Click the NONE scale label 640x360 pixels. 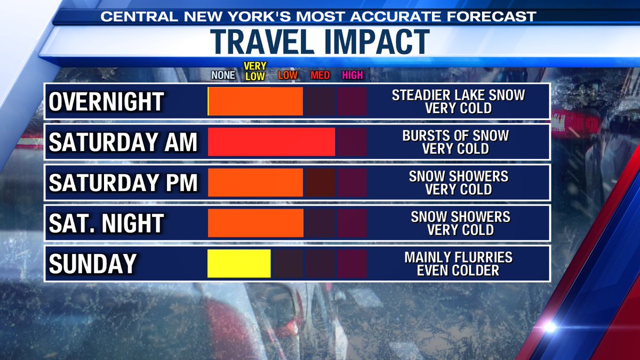coord(223,75)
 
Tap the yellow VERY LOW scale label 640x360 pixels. coord(255,71)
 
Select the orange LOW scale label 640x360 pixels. coord(287,75)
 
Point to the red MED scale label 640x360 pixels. coord(320,75)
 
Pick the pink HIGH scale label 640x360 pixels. coord(353,75)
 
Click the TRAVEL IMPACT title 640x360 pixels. coord(320,42)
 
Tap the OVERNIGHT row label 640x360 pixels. coord(106,101)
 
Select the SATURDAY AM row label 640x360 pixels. coord(123,142)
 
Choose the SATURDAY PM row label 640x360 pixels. coord(123,182)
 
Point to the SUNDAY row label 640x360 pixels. coord(93,263)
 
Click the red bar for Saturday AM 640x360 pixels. coord(271,142)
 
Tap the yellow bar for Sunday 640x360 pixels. coord(239,263)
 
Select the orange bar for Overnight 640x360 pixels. coord(255,101)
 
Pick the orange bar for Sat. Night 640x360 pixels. coord(255,223)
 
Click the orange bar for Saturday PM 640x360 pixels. coord(255,182)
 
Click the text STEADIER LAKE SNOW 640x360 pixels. coord(458,95)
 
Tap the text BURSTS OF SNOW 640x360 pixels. coord(455,135)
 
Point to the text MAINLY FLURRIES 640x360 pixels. coord(458,257)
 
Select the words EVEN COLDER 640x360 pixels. coord(458,270)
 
